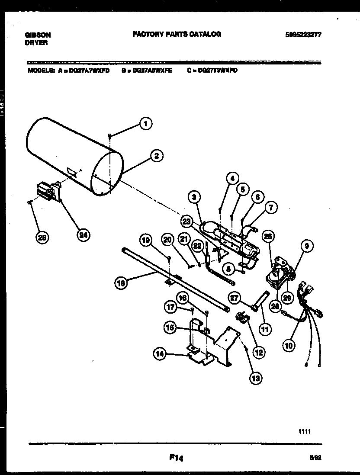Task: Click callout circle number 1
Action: [146, 124]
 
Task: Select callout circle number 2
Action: [156, 156]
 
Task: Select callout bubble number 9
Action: [306, 247]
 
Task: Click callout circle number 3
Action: [195, 197]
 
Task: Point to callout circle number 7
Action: [270, 208]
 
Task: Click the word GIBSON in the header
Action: [38, 35]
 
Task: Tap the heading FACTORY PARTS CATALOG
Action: [177, 34]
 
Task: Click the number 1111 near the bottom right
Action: [305, 431]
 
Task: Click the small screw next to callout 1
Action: [110, 136]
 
